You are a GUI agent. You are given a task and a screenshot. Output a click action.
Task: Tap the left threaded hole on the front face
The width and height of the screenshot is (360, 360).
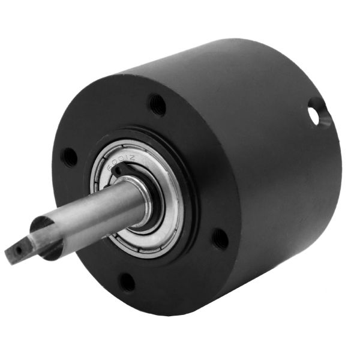click(69, 157)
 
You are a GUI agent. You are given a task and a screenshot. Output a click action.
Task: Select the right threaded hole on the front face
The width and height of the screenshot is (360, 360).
click(220, 239)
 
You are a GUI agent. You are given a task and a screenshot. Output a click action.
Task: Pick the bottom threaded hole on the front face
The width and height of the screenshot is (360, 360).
click(127, 281)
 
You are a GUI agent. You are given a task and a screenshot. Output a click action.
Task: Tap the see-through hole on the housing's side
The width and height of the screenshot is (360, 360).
click(314, 114)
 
